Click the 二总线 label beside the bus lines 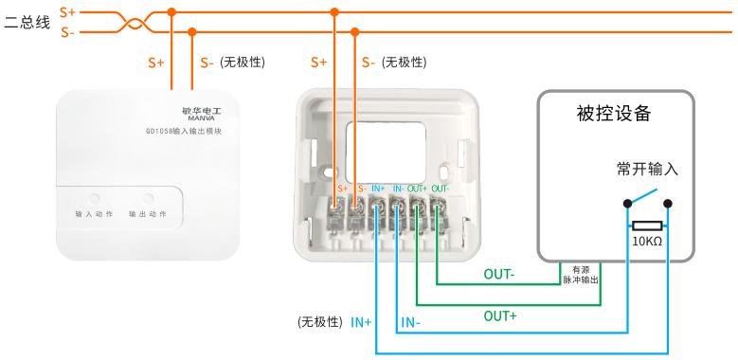click(27, 23)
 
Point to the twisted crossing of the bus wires click(135, 22)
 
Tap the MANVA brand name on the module click(201, 118)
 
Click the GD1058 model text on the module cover click(184, 132)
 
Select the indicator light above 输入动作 click(95, 198)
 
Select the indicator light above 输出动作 click(148, 198)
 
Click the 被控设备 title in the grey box click(614, 114)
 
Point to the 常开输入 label click(647, 170)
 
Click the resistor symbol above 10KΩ click(647, 225)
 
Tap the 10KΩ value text click(647, 242)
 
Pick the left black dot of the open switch click(627, 204)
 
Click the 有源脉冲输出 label click(581, 275)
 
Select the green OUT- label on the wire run click(499, 275)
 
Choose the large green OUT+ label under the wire click(500, 316)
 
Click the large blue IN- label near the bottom click(410, 323)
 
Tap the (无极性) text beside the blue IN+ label click(320, 322)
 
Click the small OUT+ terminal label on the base click(417, 189)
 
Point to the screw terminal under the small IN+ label click(377, 206)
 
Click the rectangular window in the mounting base click(386, 153)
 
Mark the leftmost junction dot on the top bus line click(171, 12)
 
